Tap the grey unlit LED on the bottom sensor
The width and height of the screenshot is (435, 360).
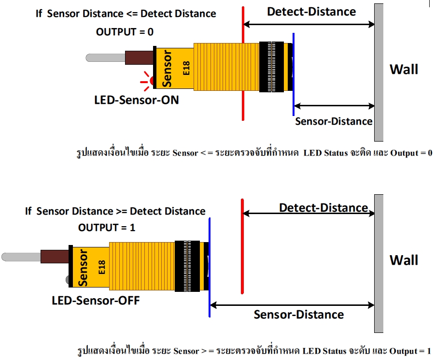pyautogui.click(x=68, y=280)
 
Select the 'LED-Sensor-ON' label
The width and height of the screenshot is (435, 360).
pyautogui.click(x=137, y=101)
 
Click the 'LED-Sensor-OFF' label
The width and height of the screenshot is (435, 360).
pyautogui.click(x=96, y=301)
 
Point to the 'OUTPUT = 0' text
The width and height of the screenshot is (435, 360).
pyautogui.click(x=125, y=32)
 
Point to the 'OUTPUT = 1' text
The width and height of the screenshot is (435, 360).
pyautogui.click(x=107, y=227)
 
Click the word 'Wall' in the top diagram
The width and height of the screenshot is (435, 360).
pyautogui.click(x=404, y=69)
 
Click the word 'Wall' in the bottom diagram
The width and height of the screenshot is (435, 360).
pyautogui.click(x=404, y=260)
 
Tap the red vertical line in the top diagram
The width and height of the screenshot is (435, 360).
pyautogui.click(x=243, y=63)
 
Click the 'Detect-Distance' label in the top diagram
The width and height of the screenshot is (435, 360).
pyautogui.click(x=311, y=11)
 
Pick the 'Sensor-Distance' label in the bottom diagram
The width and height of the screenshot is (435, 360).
pyautogui.click(x=299, y=315)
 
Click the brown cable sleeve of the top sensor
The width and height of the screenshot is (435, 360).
pyautogui.click(x=139, y=58)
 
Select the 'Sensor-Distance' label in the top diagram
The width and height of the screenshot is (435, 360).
pyautogui.click(x=334, y=121)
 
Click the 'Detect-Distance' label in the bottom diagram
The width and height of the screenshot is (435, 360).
pyautogui.click(x=323, y=208)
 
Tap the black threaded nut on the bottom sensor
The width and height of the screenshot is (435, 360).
pyautogui.click(x=187, y=266)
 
